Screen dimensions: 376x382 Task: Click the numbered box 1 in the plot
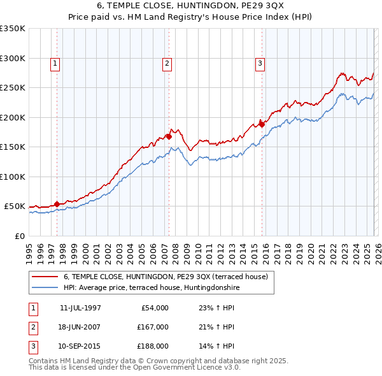(x=55, y=63)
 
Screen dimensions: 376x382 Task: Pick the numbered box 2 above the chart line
(x=167, y=63)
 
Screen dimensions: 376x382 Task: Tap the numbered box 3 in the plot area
(x=260, y=63)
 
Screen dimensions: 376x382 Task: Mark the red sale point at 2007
(x=169, y=136)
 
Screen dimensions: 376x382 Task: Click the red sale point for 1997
(x=57, y=204)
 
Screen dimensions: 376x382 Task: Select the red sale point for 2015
(x=262, y=124)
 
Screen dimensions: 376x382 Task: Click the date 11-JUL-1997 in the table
(x=80, y=308)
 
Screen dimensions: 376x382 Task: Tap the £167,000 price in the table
(x=153, y=327)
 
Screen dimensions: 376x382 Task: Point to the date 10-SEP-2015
(x=80, y=346)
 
